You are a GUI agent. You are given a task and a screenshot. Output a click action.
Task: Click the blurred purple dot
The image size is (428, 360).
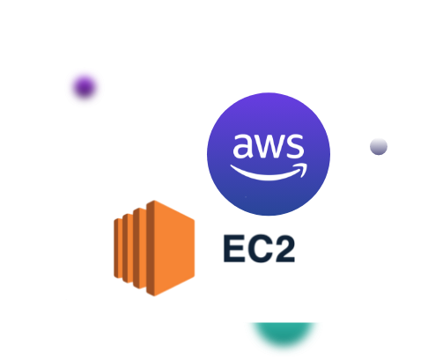click(85, 87)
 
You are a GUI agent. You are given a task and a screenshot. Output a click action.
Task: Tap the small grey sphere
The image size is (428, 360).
click(379, 146)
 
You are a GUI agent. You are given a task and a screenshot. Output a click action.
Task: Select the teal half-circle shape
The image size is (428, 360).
click(284, 334)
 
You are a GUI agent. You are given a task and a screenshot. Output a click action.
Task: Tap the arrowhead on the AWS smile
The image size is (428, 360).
click(302, 169)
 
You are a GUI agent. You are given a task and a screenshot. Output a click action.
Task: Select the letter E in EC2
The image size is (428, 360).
click(234, 248)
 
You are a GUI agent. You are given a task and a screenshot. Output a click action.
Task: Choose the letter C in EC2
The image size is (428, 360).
click(260, 248)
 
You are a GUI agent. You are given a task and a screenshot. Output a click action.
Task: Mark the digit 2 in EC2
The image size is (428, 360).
click(284, 248)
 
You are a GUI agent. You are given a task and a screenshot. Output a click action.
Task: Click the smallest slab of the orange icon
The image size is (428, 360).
click(118, 248)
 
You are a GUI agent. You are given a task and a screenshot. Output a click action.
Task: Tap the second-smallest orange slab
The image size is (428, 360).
click(128, 248)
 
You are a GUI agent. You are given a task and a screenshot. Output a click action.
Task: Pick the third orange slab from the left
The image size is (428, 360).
click(139, 248)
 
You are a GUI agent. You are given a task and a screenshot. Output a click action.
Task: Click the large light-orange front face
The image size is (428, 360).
click(174, 248)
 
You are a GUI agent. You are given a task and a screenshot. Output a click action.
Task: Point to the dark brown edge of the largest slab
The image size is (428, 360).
click(151, 248)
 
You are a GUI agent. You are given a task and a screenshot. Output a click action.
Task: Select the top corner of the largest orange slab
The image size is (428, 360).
click(154, 201)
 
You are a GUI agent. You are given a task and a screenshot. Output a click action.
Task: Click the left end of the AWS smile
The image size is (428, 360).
click(232, 166)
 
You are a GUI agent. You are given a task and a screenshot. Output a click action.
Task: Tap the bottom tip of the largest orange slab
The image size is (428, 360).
click(154, 296)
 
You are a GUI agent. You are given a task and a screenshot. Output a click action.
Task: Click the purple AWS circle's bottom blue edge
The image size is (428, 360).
click(269, 214)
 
